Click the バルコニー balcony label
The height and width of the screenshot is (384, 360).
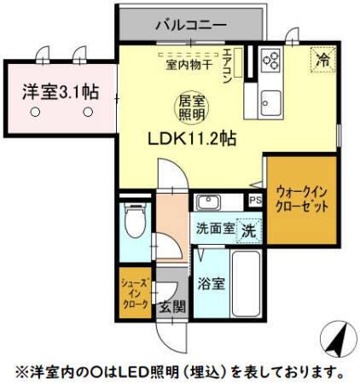point(190,24)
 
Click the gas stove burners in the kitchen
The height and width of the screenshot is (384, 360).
point(273,59)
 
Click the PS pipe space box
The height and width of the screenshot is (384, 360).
point(255,201)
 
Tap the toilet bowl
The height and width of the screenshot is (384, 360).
point(134,224)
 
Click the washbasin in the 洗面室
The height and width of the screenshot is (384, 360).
point(208,203)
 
